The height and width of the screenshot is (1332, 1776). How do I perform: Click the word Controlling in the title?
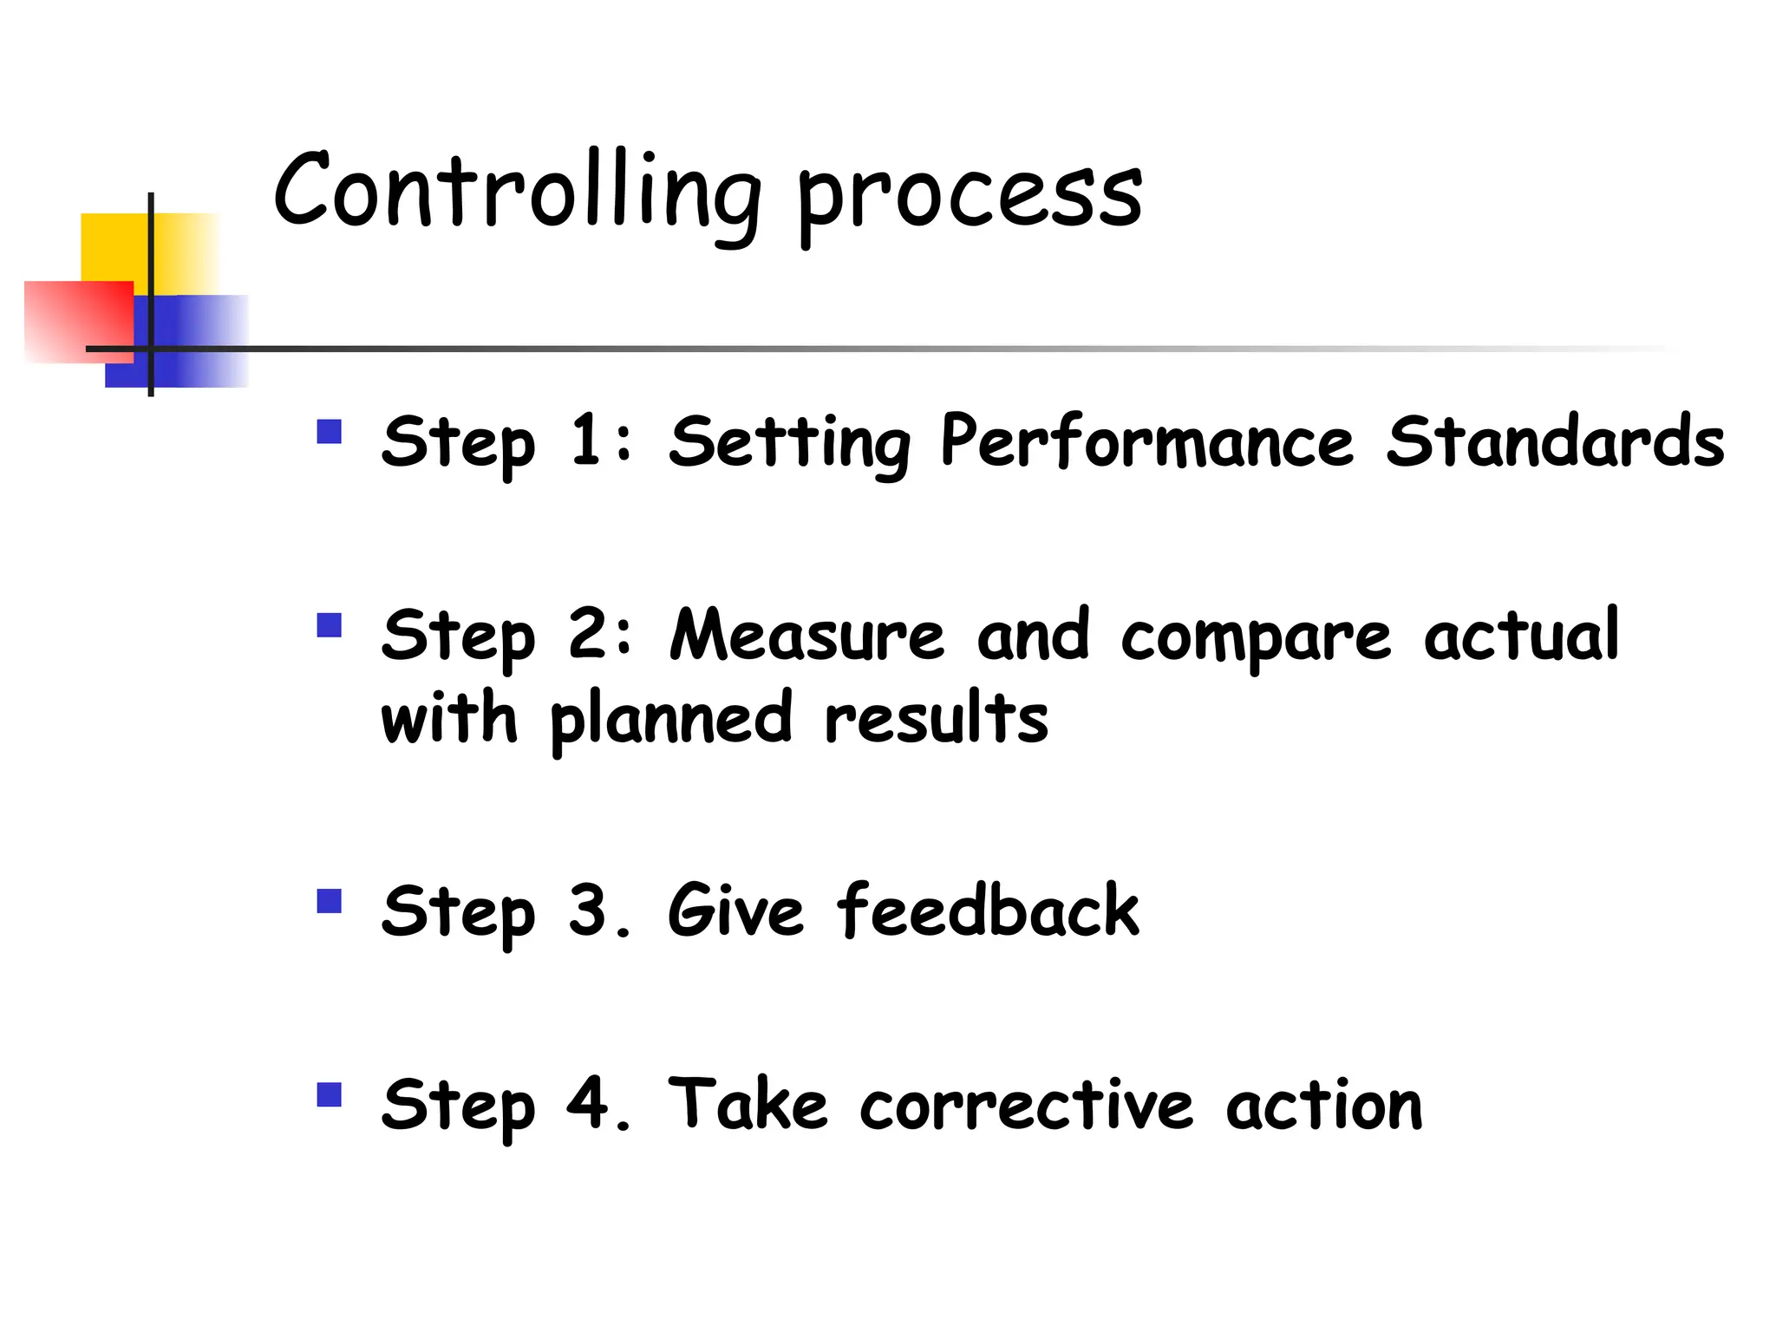tap(517, 193)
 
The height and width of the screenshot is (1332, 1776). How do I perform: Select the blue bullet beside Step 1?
tap(330, 432)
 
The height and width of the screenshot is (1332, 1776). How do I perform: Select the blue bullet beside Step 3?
tap(330, 902)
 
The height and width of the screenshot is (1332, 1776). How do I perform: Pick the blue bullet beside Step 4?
tap(330, 1095)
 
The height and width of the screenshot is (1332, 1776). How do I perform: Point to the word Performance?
tap(1146, 442)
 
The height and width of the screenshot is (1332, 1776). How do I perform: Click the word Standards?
tap(1555, 442)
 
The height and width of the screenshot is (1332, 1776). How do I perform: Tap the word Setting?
tap(790, 444)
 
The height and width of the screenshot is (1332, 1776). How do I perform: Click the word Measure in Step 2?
tap(806, 636)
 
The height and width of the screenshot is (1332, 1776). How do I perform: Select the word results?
tap(937, 719)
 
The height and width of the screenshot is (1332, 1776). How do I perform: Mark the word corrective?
tap(1027, 1106)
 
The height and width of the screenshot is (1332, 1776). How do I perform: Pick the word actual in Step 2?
tap(1521, 636)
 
